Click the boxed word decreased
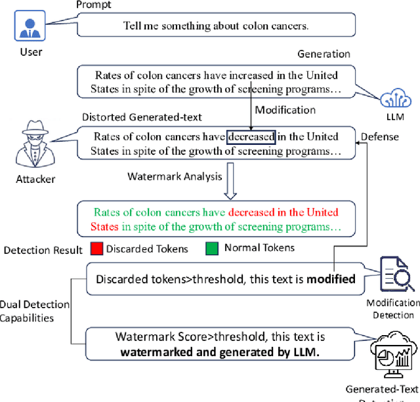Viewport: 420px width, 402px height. (x=251, y=137)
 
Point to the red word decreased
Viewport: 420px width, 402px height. (x=251, y=212)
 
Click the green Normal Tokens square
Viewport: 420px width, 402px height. (x=211, y=249)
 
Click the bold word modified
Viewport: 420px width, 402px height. (x=331, y=279)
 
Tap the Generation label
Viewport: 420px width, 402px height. (x=324, y=54)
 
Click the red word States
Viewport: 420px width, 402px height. (x=106, y=226)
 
